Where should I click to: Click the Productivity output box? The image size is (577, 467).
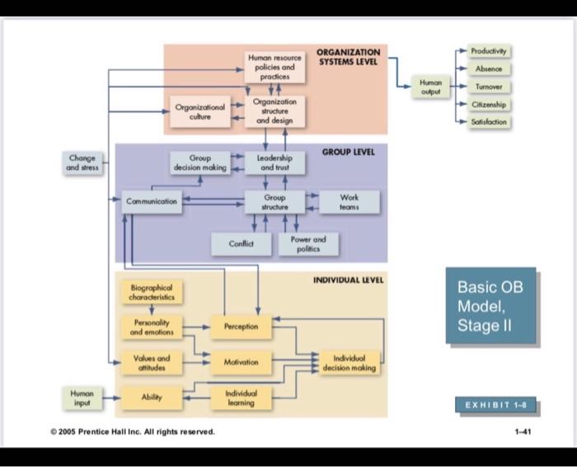[490, 51]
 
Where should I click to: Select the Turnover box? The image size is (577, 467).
[490, 87]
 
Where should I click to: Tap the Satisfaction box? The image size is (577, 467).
[490, 122]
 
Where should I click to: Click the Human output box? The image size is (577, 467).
[430, 87]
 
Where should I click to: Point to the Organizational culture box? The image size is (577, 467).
[199, 112]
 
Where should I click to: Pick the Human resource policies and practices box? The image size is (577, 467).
[274, 66]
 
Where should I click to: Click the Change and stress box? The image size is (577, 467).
[82, 162]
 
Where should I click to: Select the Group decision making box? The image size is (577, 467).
[199, 163]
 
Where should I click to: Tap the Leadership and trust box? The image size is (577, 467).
[274, 163]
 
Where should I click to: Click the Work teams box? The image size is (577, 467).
[349, 202]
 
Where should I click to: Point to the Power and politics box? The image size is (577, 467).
[308, 243]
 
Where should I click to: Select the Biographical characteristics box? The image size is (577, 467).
[152, 292]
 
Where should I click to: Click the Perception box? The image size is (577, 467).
[241, 327]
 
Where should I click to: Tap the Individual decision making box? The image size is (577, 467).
[349, 363]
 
